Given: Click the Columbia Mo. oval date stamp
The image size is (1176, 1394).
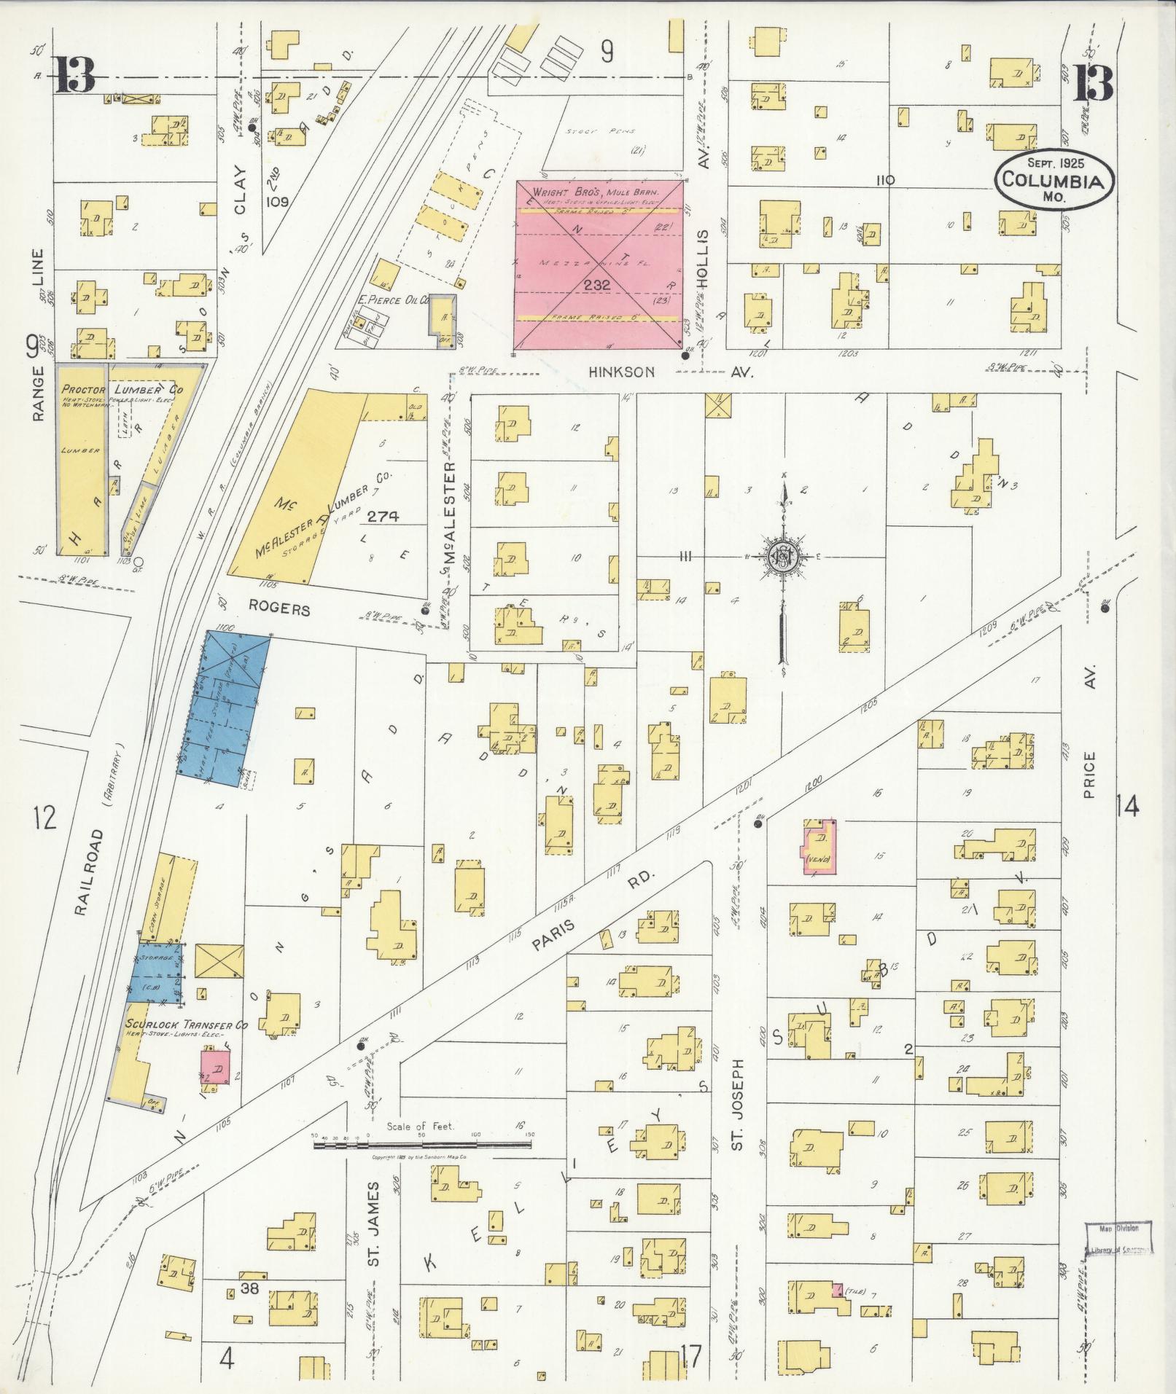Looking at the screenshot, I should pyautogui.click(x=1055, y=178).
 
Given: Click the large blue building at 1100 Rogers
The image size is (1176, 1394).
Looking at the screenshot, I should pyautogui.click(x=226, y=708).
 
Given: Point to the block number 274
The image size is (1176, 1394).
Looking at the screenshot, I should pyautogui.click(x=383, y=517).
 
